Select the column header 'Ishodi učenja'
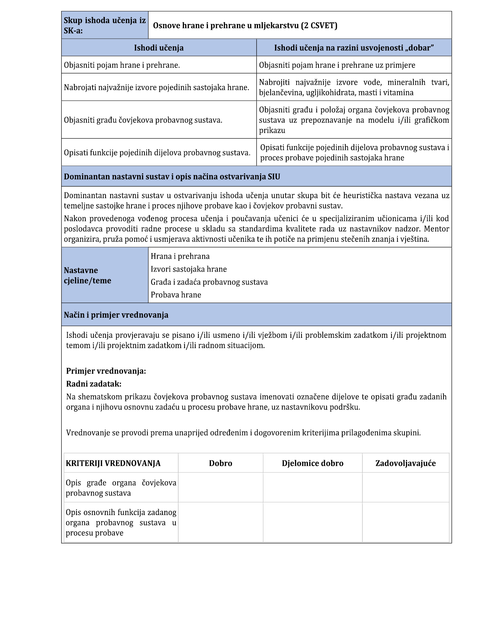159,48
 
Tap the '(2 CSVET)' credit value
319,26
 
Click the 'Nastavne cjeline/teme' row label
88,275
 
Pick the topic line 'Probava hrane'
176,295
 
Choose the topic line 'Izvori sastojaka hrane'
188,269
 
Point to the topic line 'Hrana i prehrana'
180,256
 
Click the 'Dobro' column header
220,463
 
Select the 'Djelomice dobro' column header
312,463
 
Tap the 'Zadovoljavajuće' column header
405,463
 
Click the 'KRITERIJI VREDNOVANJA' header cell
113,463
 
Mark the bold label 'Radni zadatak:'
94,384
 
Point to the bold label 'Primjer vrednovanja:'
106,371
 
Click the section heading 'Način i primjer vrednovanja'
116,315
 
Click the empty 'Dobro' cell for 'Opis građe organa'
220,487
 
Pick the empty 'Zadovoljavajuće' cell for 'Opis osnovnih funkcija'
405,522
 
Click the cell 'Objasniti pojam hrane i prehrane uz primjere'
337,65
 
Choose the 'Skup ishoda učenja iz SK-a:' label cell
105,26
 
